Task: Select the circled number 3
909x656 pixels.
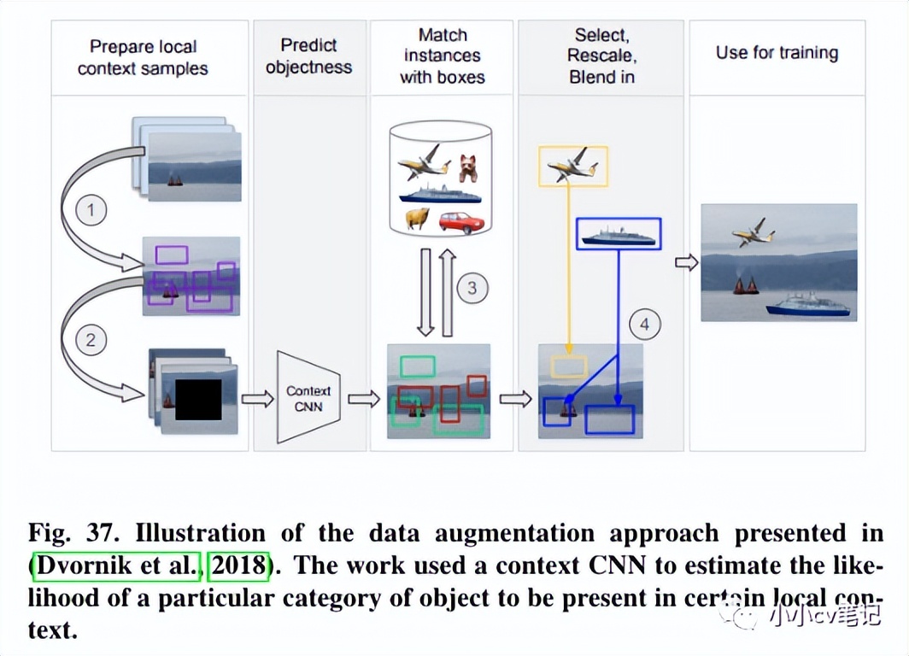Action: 472,288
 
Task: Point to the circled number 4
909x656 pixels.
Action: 645,325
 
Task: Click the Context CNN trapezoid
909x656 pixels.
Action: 308,398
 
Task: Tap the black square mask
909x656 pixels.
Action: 198,399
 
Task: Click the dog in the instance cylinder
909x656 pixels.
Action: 466,168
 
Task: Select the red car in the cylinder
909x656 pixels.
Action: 461,222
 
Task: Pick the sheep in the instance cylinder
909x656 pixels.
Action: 418,220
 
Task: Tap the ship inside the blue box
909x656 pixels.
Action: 618,234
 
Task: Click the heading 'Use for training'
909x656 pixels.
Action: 777,53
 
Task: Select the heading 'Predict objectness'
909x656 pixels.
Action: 308,56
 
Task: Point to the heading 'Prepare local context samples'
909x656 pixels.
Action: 143,57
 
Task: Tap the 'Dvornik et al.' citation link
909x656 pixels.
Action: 116,565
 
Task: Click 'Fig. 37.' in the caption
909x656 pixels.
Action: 70,534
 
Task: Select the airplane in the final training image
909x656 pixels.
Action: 754,231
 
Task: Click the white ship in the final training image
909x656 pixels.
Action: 806,305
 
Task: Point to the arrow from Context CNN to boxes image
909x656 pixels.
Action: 364,398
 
